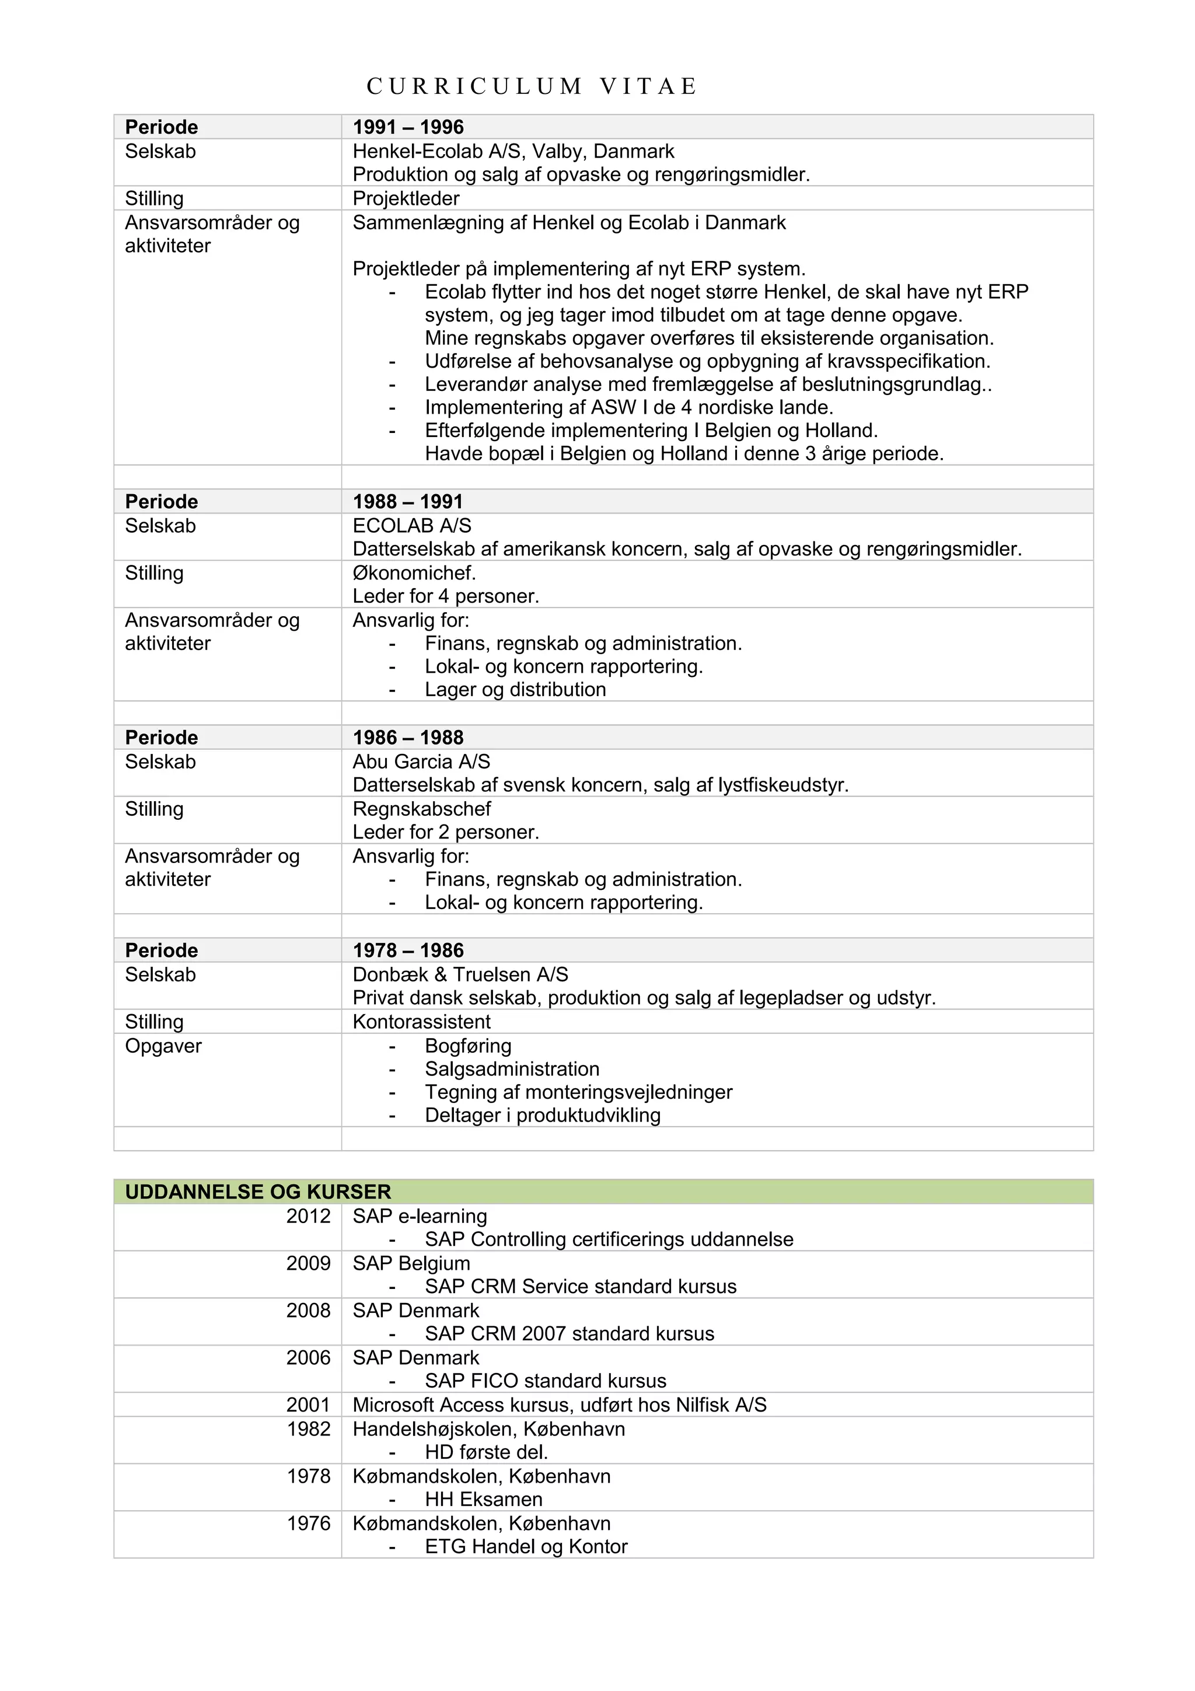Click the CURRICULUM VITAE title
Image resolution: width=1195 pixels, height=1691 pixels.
click(x=532, y=87)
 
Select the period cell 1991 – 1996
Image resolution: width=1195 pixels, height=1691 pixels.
click(x=408, y=127)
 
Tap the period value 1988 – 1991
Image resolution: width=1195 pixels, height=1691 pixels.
click(x=408, y=502)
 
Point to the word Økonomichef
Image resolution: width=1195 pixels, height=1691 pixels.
click(x=414, y=573)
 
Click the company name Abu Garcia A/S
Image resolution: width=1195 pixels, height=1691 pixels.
click(x=421, y=761)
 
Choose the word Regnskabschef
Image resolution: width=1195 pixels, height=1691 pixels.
click(x=421, y=809)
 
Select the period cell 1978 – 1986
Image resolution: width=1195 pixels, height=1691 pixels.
click(x=408, y=950)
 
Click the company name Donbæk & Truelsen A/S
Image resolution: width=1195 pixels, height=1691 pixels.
click(x=460, y=974)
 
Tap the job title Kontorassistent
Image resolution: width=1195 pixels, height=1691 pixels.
click(x=421, y=1022)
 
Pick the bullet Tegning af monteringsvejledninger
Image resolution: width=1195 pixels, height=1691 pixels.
click(x=578, y=1092)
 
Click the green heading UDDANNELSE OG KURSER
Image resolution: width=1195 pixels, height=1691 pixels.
click(x=258, y=1192)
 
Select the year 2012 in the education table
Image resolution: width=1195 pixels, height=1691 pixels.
click(x=309, y=1216)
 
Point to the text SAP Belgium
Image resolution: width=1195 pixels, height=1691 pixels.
click(x=411, y=1263)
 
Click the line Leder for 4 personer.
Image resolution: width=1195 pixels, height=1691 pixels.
click(x=445, y=596)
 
